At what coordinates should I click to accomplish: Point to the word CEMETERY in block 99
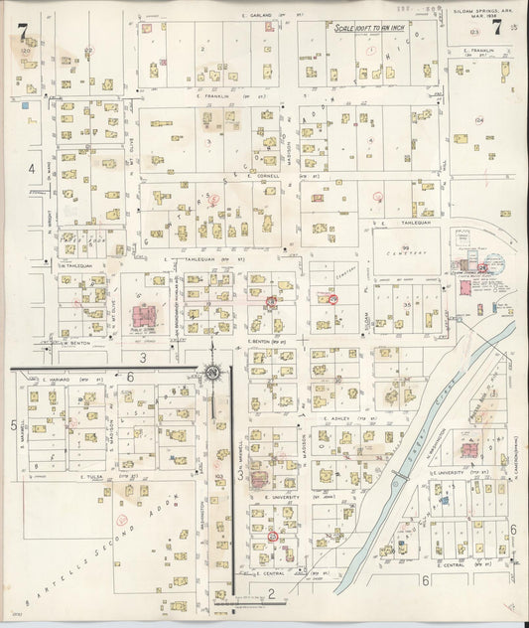pyautogui.click(x=406, y=253)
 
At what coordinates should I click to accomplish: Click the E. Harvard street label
pyautogui.click(x=60, y=379)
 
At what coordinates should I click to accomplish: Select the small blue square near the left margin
pyautogui.click(x=25, y=102)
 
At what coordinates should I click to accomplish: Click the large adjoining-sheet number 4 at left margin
pyautogui.click(x=32, y=169)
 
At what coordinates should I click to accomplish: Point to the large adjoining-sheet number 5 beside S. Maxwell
pyautogui.click(x=14, y=396)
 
